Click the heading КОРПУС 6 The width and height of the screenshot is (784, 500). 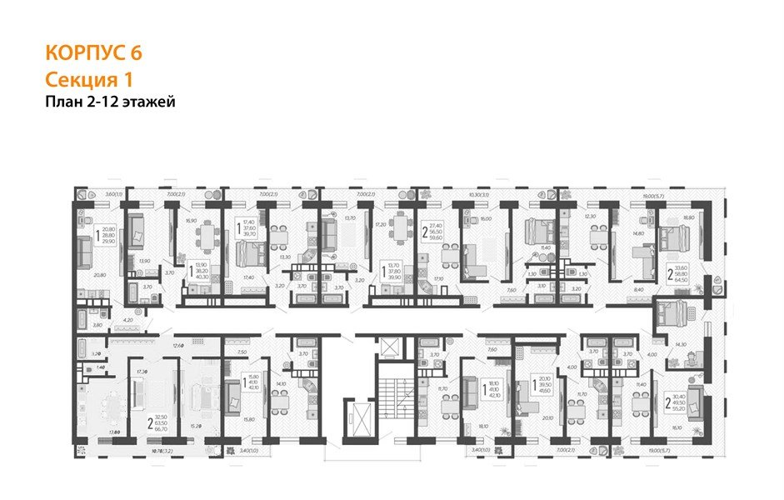[93, 52]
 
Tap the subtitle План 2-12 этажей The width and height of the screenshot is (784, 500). [110, 102]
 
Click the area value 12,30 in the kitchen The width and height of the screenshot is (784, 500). [591, 217]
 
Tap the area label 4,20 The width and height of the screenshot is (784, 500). [127, 319]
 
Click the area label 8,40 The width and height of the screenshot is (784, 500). [638, 289]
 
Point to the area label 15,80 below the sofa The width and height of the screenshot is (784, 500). [248, 419]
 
